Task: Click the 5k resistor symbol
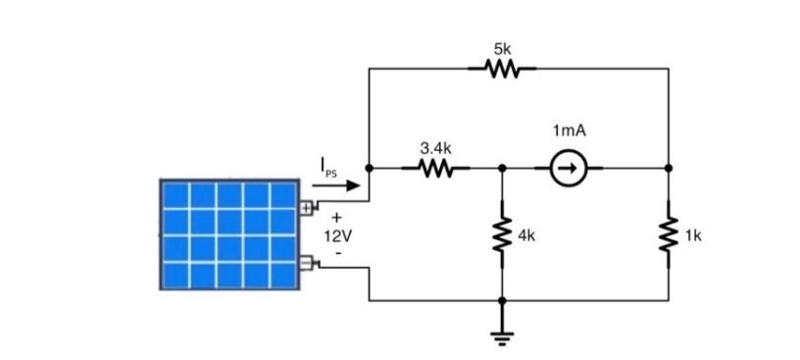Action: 502,70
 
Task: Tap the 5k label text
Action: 502,47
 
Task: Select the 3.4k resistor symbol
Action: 435,169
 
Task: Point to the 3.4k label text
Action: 435,147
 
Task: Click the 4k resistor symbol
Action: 502,235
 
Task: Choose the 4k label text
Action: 527,236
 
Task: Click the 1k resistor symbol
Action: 669,235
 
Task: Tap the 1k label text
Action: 694,236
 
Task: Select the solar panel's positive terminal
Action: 306,207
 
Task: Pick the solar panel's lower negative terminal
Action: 306,262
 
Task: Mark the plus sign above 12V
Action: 337,219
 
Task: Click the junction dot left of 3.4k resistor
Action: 369,169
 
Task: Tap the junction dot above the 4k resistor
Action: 502,169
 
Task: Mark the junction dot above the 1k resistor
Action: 669,169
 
